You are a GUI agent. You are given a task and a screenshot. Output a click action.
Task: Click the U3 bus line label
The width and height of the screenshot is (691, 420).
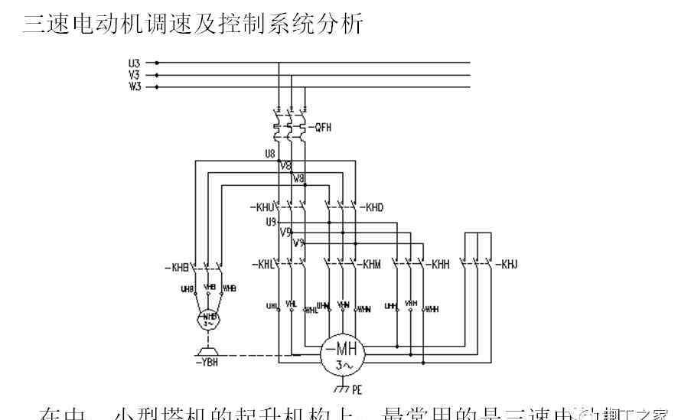point(135,63)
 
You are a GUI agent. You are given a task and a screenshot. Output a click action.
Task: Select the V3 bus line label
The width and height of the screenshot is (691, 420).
point(135,75)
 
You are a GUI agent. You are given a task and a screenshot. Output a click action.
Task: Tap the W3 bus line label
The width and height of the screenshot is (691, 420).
point(135,87)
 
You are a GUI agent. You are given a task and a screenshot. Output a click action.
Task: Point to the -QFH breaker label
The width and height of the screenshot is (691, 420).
point(322,128)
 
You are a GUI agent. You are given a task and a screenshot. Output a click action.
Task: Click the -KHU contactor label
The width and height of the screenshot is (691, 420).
point(262,207)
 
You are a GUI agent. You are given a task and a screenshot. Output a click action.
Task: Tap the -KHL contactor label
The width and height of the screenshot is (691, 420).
point(262,264)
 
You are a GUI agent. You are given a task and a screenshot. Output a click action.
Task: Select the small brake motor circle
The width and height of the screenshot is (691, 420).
point(208,320)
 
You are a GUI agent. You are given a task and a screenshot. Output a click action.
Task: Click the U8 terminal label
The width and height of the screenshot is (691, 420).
point(269,154)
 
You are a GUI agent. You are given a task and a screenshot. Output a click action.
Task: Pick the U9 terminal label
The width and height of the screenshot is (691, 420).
point(270,222)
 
